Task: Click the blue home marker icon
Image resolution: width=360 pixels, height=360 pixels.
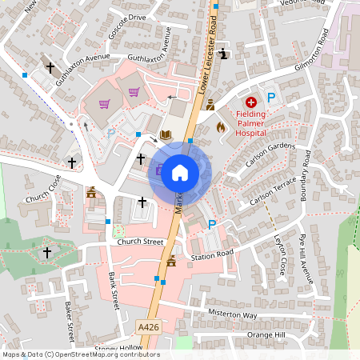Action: coord(180,172)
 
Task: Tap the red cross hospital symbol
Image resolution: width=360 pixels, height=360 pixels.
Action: coord(251,103)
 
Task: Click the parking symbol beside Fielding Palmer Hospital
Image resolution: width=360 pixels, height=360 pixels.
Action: coord(272,98)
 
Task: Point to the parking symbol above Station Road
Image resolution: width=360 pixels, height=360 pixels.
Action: coord(212,225)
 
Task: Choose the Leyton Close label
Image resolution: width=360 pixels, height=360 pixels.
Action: coord(280,256)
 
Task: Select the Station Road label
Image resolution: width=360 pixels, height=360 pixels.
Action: coord(212,256)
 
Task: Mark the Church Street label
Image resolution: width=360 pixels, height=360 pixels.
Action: coord(140,242)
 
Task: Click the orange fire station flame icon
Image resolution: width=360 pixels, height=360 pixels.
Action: coord(222,126)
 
